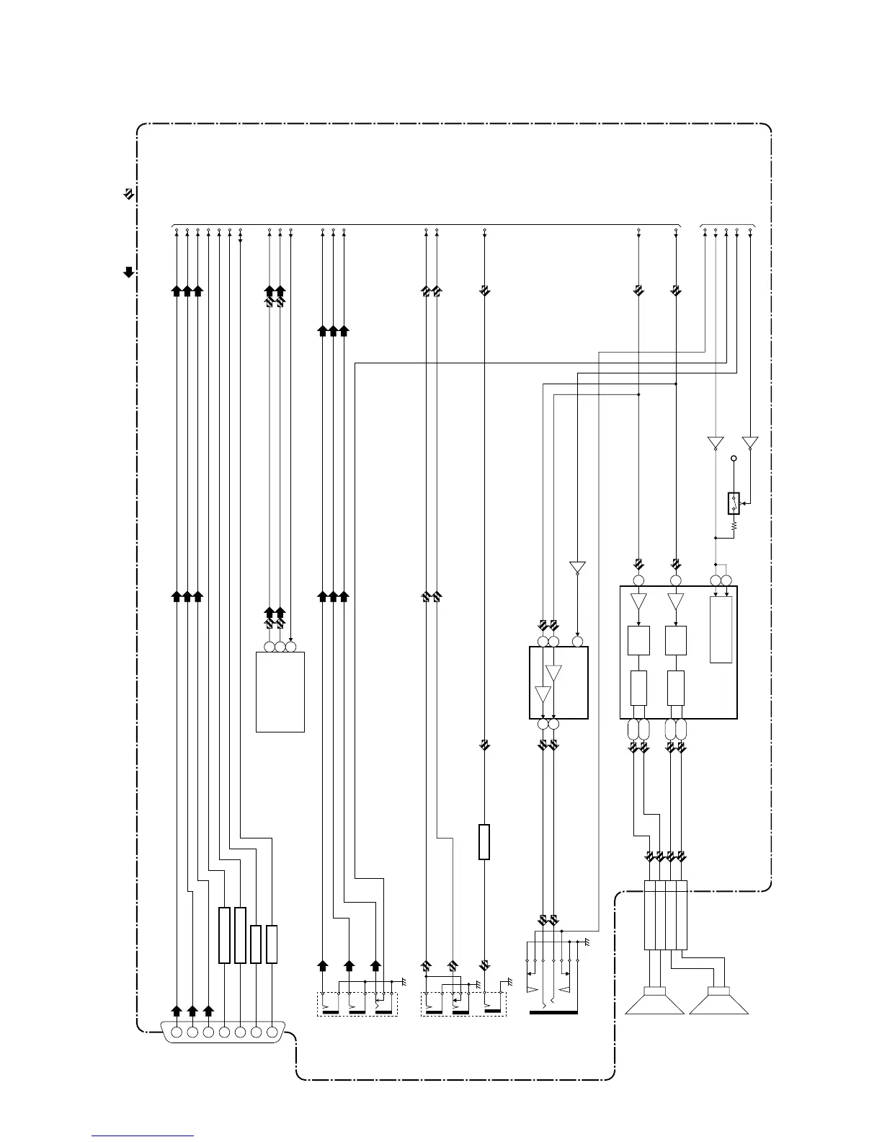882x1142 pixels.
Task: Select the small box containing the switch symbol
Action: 734,503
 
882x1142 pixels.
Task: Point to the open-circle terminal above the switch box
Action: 734,459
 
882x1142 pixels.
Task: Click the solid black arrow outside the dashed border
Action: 129,272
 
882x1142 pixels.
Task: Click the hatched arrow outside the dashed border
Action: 128,194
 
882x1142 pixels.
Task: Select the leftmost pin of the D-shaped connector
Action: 177,1032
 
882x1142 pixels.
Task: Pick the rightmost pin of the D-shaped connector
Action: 272,1032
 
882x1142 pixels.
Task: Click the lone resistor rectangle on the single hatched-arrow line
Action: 484,842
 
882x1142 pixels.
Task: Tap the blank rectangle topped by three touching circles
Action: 280,692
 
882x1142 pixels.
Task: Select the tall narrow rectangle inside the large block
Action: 721,629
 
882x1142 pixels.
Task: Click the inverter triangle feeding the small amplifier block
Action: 577,567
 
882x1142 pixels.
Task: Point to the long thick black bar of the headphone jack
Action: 553,1012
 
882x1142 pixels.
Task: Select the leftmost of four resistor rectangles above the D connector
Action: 224,935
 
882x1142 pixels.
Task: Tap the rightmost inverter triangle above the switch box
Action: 750,442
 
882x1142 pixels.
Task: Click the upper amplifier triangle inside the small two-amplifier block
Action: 553,673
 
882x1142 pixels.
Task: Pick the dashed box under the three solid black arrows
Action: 357,1004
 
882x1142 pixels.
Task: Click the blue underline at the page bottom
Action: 143,1136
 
